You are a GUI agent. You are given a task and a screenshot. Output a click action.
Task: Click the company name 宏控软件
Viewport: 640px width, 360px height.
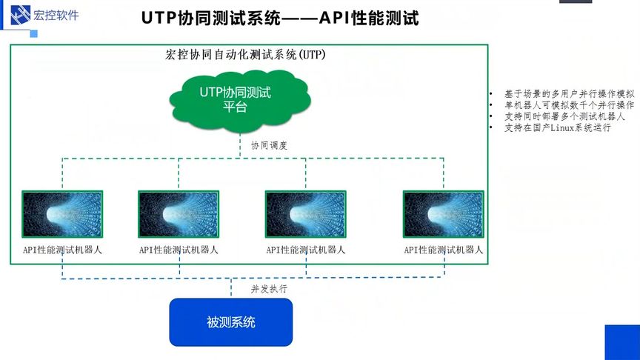[56, 15]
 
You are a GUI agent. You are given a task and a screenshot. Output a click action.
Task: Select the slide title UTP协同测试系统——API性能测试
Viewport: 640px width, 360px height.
[280, 19]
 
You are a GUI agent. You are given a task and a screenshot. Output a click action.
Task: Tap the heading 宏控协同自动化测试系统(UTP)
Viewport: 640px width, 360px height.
[245, 55]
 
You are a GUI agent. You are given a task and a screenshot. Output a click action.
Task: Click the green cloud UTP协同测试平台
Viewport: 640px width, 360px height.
[235, 99]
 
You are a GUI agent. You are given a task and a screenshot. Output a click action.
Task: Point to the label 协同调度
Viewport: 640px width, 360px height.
[269, 145]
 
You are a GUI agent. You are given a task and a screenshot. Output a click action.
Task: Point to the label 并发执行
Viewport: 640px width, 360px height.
[269, 289]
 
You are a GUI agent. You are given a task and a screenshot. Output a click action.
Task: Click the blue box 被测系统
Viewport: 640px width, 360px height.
[231, 322]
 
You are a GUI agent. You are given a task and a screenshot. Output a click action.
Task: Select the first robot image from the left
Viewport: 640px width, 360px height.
[62, 215]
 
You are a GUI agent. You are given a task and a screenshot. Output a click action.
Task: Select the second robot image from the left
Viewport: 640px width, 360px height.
[179, 215]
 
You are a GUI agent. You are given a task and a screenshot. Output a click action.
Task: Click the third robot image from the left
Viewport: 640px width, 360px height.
[306, 215]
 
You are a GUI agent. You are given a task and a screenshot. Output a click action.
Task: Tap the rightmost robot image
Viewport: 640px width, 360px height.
[444, 215]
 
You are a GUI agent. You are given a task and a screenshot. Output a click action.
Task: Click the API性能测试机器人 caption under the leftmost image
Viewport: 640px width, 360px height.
[62, 250]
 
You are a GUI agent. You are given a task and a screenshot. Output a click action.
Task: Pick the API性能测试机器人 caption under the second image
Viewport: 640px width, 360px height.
[179, 250]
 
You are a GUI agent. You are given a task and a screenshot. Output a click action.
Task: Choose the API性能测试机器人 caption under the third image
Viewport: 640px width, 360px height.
[306, 250]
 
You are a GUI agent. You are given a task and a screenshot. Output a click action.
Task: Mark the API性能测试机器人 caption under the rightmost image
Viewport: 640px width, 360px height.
[444, 250]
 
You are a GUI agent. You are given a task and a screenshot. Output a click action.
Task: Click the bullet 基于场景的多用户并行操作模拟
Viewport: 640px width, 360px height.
[569, 94]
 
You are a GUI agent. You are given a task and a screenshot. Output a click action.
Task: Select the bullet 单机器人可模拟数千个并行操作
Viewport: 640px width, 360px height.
[569, 105]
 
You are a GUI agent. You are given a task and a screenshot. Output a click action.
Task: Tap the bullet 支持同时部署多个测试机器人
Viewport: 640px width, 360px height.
[564, 116]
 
